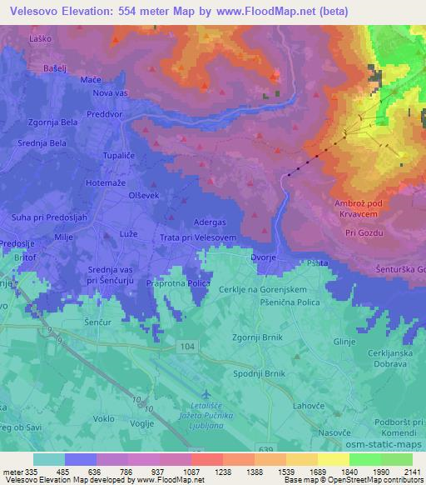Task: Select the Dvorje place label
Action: click(264, 258)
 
